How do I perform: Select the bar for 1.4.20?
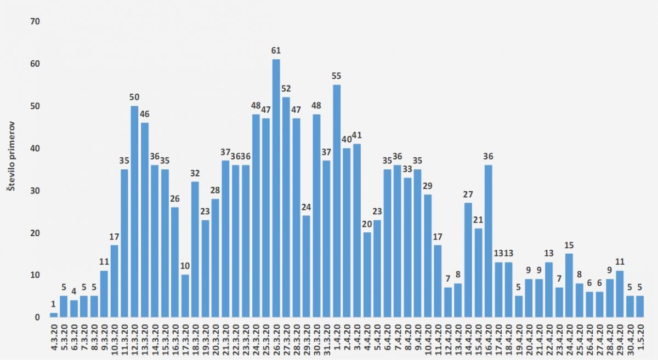click(337, 201)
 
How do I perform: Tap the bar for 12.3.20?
click(134, 212)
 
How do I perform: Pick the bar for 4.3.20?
click(53, 315)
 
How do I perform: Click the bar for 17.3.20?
click(185, 296)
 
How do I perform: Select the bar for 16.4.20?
click(489, 241)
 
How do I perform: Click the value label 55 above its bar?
click(337, 76)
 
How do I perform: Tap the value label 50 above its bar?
click(134, 98)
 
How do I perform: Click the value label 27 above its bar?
click(468, 195)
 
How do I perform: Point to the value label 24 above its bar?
click(306, 207)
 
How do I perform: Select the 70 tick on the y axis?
click(35, 21)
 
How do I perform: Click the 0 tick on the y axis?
click(37, 317)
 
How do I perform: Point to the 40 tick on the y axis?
click(35, 148)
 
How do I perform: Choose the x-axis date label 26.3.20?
click(276, 340)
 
